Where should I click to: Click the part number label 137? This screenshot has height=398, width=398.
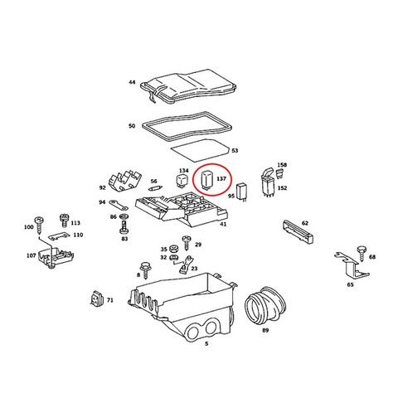tap(221, 179)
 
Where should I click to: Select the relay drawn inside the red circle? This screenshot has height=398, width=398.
tap(206, 180)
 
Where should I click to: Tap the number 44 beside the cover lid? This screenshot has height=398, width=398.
tap(132, 82)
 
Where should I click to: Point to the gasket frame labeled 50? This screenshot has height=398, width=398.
tap(187, 127)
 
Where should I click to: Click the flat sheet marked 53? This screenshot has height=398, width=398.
tap(200, 151)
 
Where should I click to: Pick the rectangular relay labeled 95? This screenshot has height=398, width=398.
tap(242, 192)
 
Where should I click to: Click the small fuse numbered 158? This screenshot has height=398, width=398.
tap(279, 173)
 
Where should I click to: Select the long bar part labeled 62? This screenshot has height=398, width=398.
tap(298, 232)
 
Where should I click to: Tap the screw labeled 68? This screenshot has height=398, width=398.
tap(362, 253)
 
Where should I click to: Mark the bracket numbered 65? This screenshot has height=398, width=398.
tap(352, 265)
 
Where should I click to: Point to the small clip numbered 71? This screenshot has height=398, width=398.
tap(97, 298)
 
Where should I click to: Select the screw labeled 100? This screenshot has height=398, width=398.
tap(38, 225)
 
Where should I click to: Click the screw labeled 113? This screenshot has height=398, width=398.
tap(64, 221)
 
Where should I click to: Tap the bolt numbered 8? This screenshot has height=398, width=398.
tap(145, 269)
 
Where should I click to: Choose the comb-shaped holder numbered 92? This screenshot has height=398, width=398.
tap(125, 181)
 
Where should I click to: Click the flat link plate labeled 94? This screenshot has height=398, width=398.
tap(118, 205)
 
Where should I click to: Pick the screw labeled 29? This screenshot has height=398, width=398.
tap(187, 242)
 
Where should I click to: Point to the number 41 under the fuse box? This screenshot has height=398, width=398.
tap(223, 224)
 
